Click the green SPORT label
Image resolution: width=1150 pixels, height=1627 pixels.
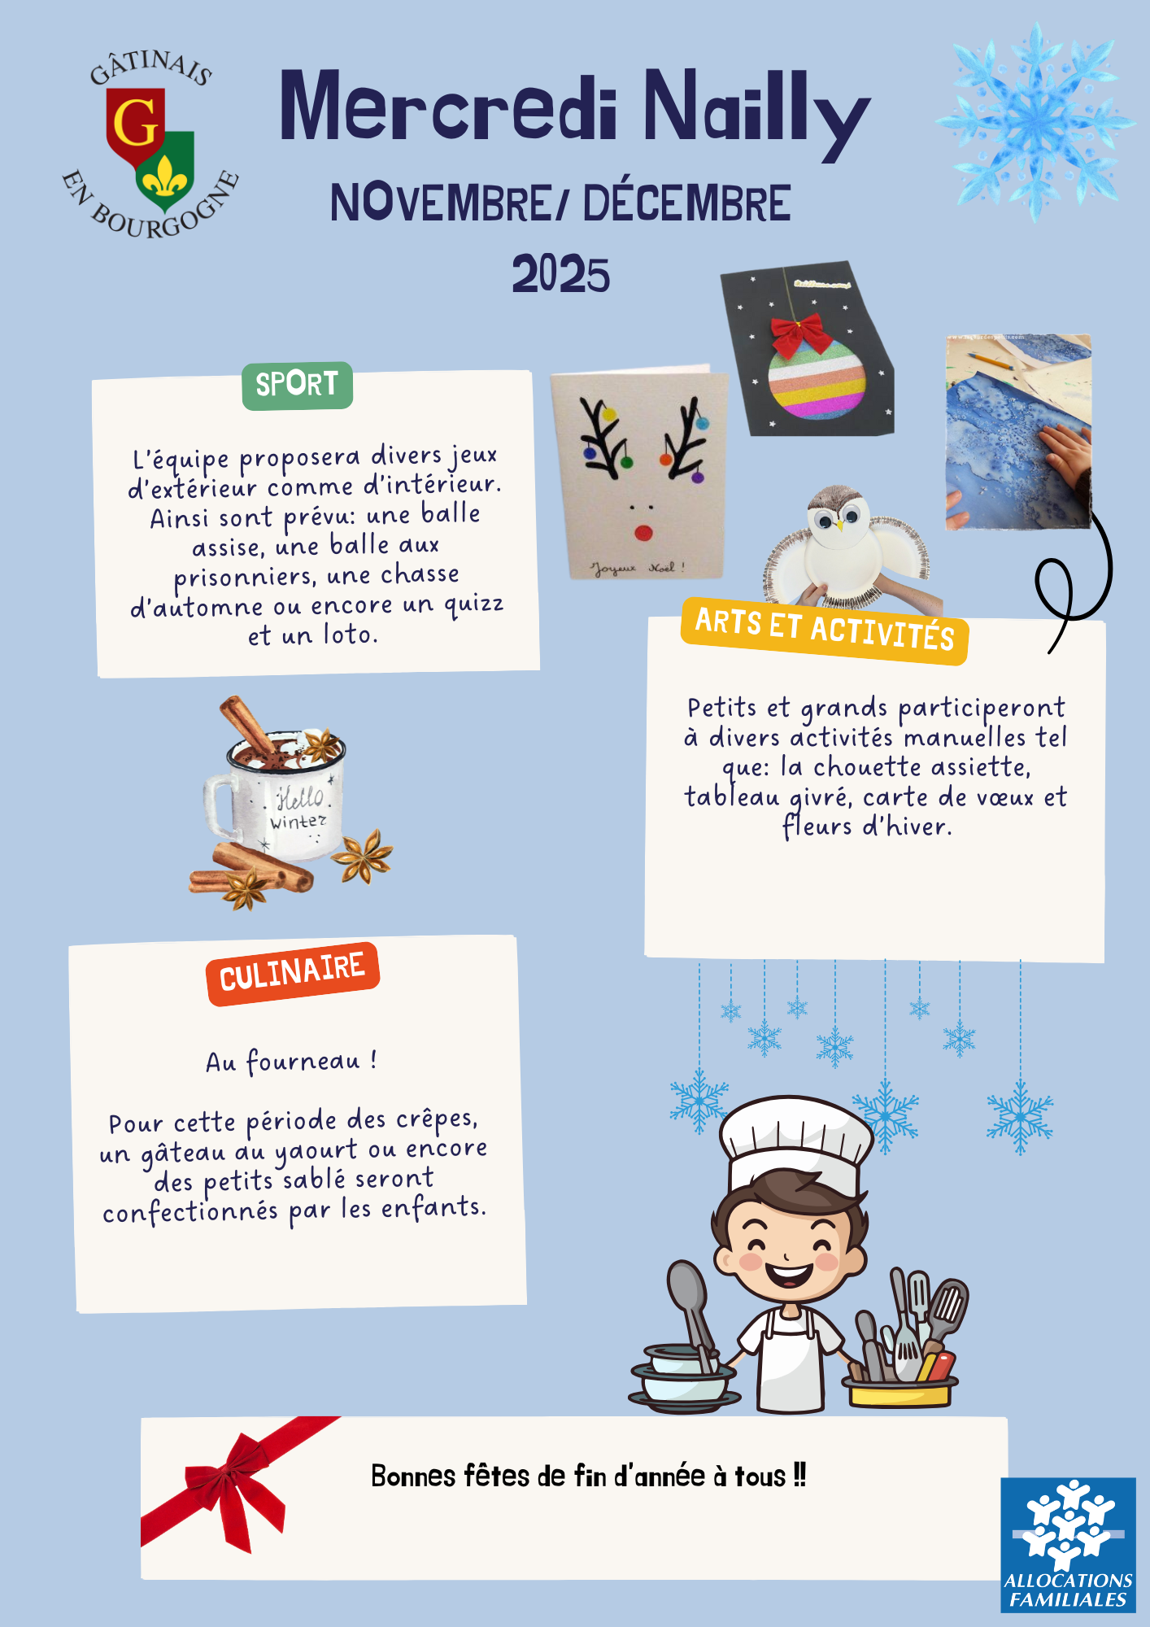[x=298, y=385]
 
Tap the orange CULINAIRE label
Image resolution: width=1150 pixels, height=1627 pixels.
[x=293, y=973]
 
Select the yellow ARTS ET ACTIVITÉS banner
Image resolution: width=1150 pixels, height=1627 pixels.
[x=825, y=630]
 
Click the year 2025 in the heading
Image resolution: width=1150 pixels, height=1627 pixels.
[x=560, y=275]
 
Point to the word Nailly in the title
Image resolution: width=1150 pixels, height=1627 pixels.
[x=756, y=111]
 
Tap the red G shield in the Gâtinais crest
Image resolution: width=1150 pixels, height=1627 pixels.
[x=135, y=127]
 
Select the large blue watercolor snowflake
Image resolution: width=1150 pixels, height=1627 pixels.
[x=1035, y=122]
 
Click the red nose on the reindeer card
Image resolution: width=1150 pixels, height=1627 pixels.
[x=643, y=533]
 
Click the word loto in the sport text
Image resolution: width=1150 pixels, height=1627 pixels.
[x=351, y=634]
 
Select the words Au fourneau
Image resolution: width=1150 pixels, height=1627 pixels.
[x=282, y=1062]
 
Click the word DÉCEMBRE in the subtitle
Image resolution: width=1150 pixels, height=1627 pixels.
[x=686, y=203]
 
